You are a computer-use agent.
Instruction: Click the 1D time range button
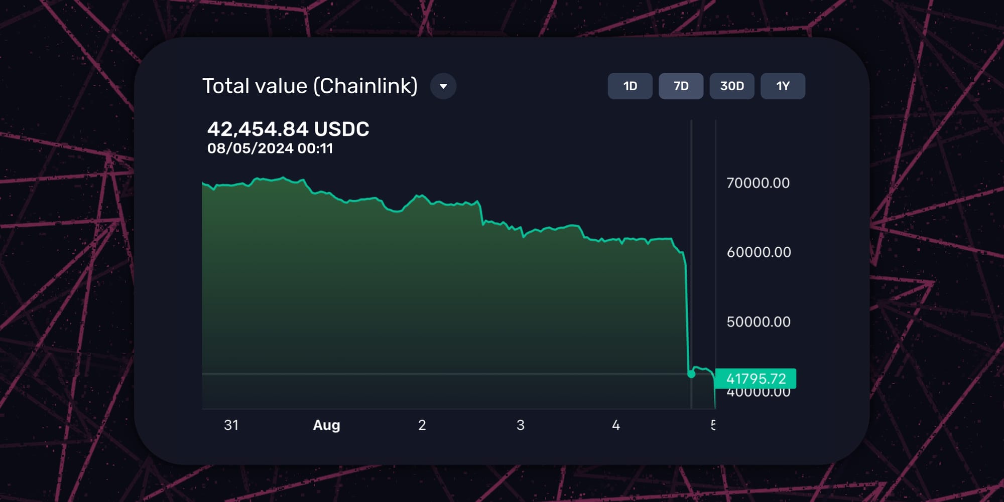click(x=630, y=86)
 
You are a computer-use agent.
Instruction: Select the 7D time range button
click(x=681, y=86)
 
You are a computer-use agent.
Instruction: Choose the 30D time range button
click(x=732, y=86)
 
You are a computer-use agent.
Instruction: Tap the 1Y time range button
click(x=783, y=86)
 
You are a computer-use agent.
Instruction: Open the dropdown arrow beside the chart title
click(x=443, y=86)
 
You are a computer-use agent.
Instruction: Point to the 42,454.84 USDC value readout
click(x=288, y=129)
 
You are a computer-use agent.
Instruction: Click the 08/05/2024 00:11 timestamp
click(x=270, y=148)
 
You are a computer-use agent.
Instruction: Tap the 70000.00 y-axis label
click(x=758, y=183)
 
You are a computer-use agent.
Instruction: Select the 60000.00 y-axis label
click(x=759, y=252)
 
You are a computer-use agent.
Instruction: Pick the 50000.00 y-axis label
click(x=759, y=322)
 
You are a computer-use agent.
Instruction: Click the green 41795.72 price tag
click(x=756, y=379)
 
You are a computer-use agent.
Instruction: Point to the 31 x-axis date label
click(x=231, y=425)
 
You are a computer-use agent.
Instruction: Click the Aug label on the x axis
click(x=326, y=425)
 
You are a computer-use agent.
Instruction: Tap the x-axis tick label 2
click(x=422, y=425)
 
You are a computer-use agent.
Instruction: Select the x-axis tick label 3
click(x=521, y=425)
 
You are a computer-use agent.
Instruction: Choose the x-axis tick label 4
click(x=616, y=425)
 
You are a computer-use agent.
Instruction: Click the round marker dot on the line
click(x=691, y=374)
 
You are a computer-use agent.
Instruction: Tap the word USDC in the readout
click(x=341, y=129)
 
